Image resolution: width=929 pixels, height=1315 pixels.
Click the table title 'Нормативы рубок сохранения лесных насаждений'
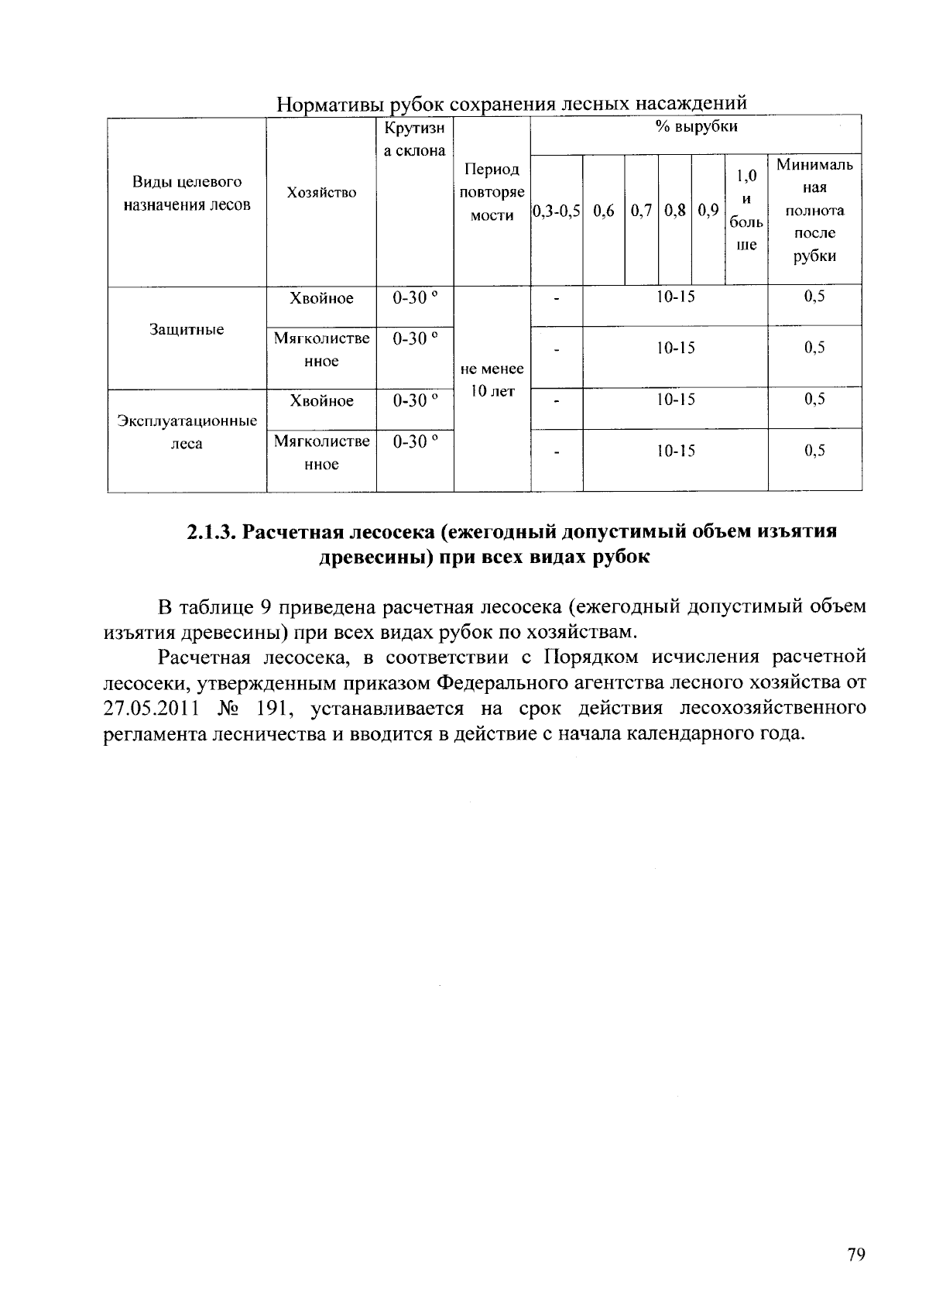(512, 104)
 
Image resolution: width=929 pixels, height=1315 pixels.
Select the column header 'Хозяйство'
(321, 193)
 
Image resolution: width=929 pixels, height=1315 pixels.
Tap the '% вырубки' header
(696, 127)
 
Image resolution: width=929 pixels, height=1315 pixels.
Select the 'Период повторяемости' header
(492, 192)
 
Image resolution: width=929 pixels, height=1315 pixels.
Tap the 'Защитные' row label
(187, 330)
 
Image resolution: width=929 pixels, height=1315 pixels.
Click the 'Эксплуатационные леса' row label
(187, 432)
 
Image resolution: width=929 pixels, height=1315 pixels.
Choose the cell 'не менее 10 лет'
(492, 380)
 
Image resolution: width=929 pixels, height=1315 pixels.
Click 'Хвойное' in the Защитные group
(321, 299)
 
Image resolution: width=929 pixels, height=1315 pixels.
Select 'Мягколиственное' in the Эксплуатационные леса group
(321, 452)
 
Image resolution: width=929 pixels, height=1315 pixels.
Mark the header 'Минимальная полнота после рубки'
(814, 211)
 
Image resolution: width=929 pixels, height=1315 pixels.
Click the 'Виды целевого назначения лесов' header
(187, 194)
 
